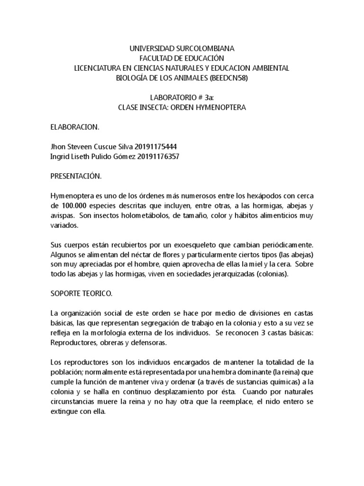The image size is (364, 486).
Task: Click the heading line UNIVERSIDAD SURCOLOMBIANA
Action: click(x=182, y=49)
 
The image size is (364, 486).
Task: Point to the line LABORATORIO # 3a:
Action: click(x=182, y=98)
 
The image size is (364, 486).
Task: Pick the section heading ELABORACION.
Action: click(x=75, y=128)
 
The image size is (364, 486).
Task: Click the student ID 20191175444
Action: click(x=157, y=147)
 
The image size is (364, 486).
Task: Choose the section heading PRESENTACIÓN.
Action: click(x=76, y=177)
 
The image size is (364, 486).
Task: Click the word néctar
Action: click(x=147, y=255)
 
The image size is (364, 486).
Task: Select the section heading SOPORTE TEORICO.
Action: click(x=82, y=294)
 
